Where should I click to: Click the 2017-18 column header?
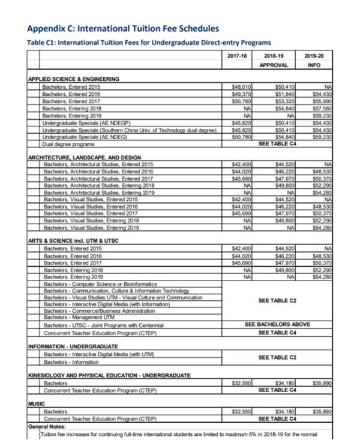pos(237,55)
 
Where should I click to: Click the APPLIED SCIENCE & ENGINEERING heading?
pos(74,79)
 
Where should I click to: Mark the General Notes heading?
pos(51,426)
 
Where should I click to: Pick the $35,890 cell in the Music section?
pos(314,412)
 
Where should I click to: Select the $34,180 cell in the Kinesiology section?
pos(277,382)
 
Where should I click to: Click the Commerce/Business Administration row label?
pos(98,309)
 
